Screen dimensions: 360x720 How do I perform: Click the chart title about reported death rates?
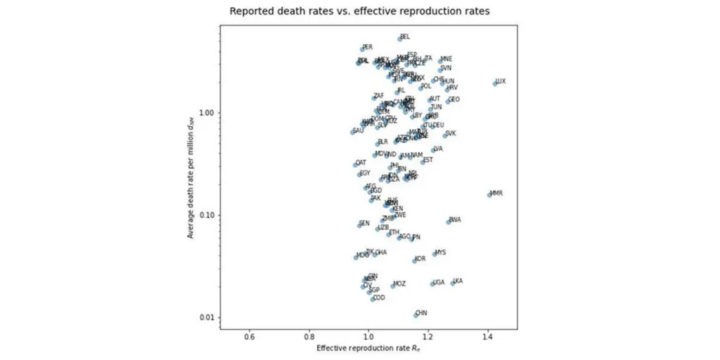point(359,11)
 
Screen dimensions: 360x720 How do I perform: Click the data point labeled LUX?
point(494,83)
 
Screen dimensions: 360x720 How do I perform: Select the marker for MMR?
point(490,195)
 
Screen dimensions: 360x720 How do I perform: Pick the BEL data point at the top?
point(400,38)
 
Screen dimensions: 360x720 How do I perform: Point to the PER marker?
point(362,49)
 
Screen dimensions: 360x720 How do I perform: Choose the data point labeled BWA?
point(448,221)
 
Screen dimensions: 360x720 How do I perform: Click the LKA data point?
point(453,283)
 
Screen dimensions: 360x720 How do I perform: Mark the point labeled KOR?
point(414,261)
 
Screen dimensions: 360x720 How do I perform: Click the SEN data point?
point(359,225)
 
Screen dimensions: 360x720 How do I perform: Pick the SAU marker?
point(352,132)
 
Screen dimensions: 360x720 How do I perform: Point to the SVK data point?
point(444,136)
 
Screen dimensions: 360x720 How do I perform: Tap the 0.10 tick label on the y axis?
point(207,215)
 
